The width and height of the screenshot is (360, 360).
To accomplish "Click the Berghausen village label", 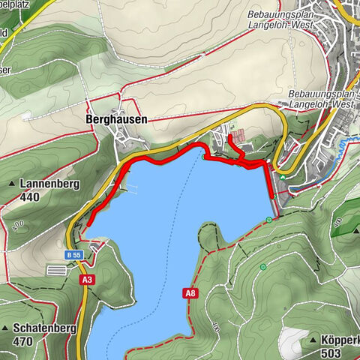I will click(x=116, y=119).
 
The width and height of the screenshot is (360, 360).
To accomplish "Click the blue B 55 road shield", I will click(x=73, y=256).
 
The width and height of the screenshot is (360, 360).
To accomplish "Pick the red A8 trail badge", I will click(x=188, y=294).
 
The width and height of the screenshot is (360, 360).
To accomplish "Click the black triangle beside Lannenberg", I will click(x=13, y=184).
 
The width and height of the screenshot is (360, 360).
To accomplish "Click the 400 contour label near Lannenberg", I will click(x=18, y=223).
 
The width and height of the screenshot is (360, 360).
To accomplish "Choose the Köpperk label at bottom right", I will click(x=340, y=340).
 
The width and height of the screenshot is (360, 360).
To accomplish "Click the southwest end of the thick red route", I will click(x=89, y=223).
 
